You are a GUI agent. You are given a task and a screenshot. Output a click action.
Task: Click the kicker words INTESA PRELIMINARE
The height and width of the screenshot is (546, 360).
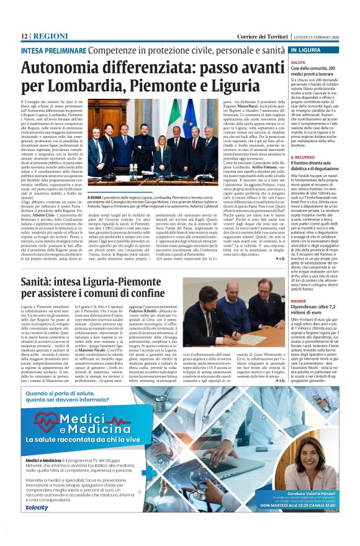point(55,49)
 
